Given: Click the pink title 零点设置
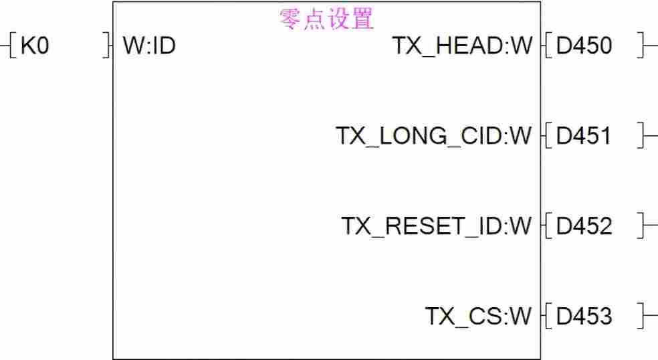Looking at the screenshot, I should click(x=326, y=19).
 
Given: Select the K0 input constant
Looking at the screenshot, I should click(x=35, y=46).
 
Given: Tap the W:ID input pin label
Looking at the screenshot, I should click(x=149, y=46).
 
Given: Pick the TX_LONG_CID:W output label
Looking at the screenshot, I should click(x=433, y=136).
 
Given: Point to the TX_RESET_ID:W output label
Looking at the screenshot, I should click(x=437, y=226).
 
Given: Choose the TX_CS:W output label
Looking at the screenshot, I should click(x=478, y=316).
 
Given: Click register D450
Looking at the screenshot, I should click(x=584, y=46).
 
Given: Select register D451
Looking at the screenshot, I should click(x=584, y=136).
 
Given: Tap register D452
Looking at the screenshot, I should click(x=584, y=226).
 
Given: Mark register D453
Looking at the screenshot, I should click(x=584, y=316).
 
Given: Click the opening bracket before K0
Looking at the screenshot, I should click(x=13, y=46).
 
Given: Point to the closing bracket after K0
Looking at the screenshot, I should click(x=106, y=46).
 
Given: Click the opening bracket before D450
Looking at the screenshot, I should click(x=547, y=46).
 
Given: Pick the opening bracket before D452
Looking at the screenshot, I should click(x=547, y=226).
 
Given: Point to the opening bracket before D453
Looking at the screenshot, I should click(x=547, y=316).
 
